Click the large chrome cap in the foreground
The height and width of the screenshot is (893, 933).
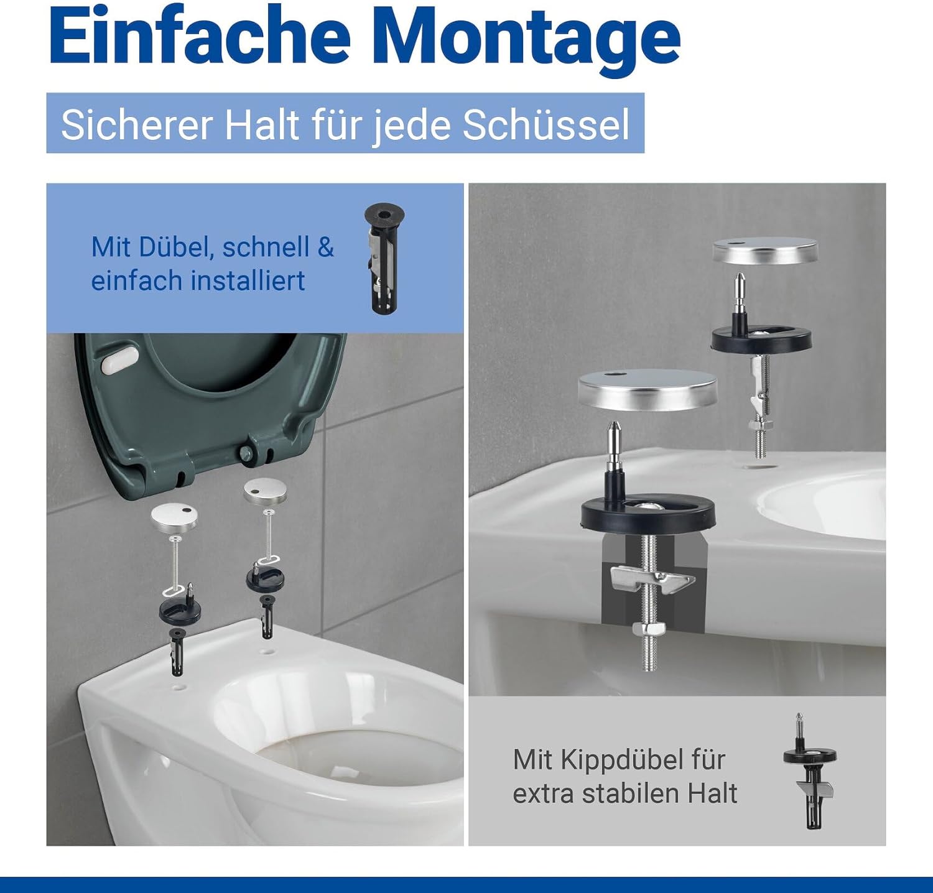[x=648, y=390]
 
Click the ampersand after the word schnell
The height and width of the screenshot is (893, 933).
[x=326, y=248]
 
